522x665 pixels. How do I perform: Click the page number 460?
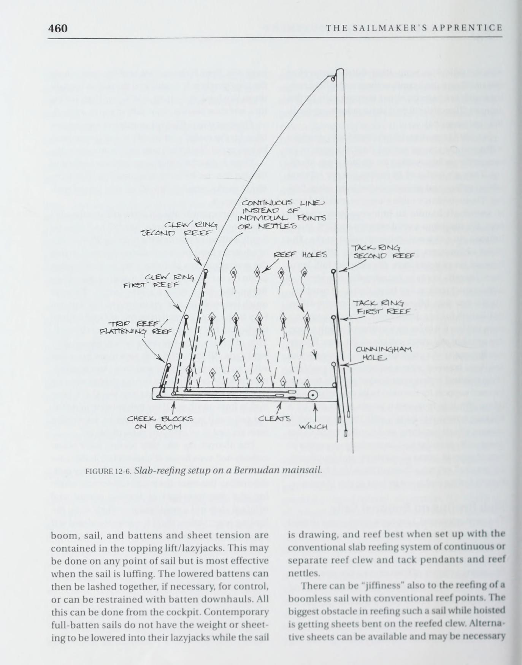point(58,28)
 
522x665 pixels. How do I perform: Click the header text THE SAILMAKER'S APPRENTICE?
point(414,28)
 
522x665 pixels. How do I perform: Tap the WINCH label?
point(313,426)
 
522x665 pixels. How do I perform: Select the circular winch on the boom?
point(313,396)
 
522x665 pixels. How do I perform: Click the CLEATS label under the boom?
point(274,419)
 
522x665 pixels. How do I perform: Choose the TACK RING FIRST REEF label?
point(378,307)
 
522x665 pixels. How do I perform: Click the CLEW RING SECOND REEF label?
point(179,229)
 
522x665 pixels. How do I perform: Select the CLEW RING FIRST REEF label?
point(159,281)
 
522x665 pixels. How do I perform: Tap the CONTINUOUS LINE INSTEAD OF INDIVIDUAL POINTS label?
point(282,215)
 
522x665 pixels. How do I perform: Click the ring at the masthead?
point(333,79)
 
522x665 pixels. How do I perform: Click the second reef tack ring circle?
point(333,271)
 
